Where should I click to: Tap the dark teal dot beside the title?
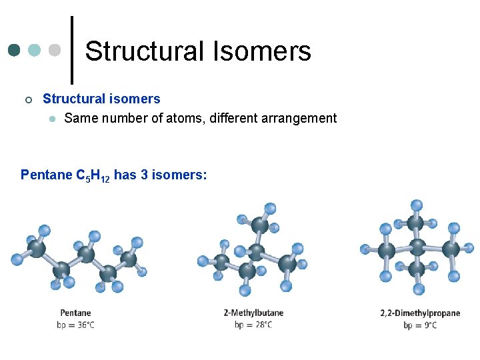pos(15,50)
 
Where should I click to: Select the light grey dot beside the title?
pos(55,50)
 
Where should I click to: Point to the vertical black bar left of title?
pos(72,50)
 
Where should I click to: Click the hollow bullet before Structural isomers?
pos(27,100)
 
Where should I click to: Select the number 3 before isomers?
pos(145,175)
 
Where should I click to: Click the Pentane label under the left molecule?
pos(75,313)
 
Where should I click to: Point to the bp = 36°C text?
pos(75,325)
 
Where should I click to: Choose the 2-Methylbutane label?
pos(253,313)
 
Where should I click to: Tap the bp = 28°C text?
pos(253,325)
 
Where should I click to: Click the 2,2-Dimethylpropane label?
pos(420,313)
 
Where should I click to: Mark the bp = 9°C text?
pos(420,325)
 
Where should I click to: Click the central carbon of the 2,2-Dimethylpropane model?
pos(417,248)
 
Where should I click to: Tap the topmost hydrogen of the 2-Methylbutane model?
pos(270,209)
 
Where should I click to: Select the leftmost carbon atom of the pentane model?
pos(36,249)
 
